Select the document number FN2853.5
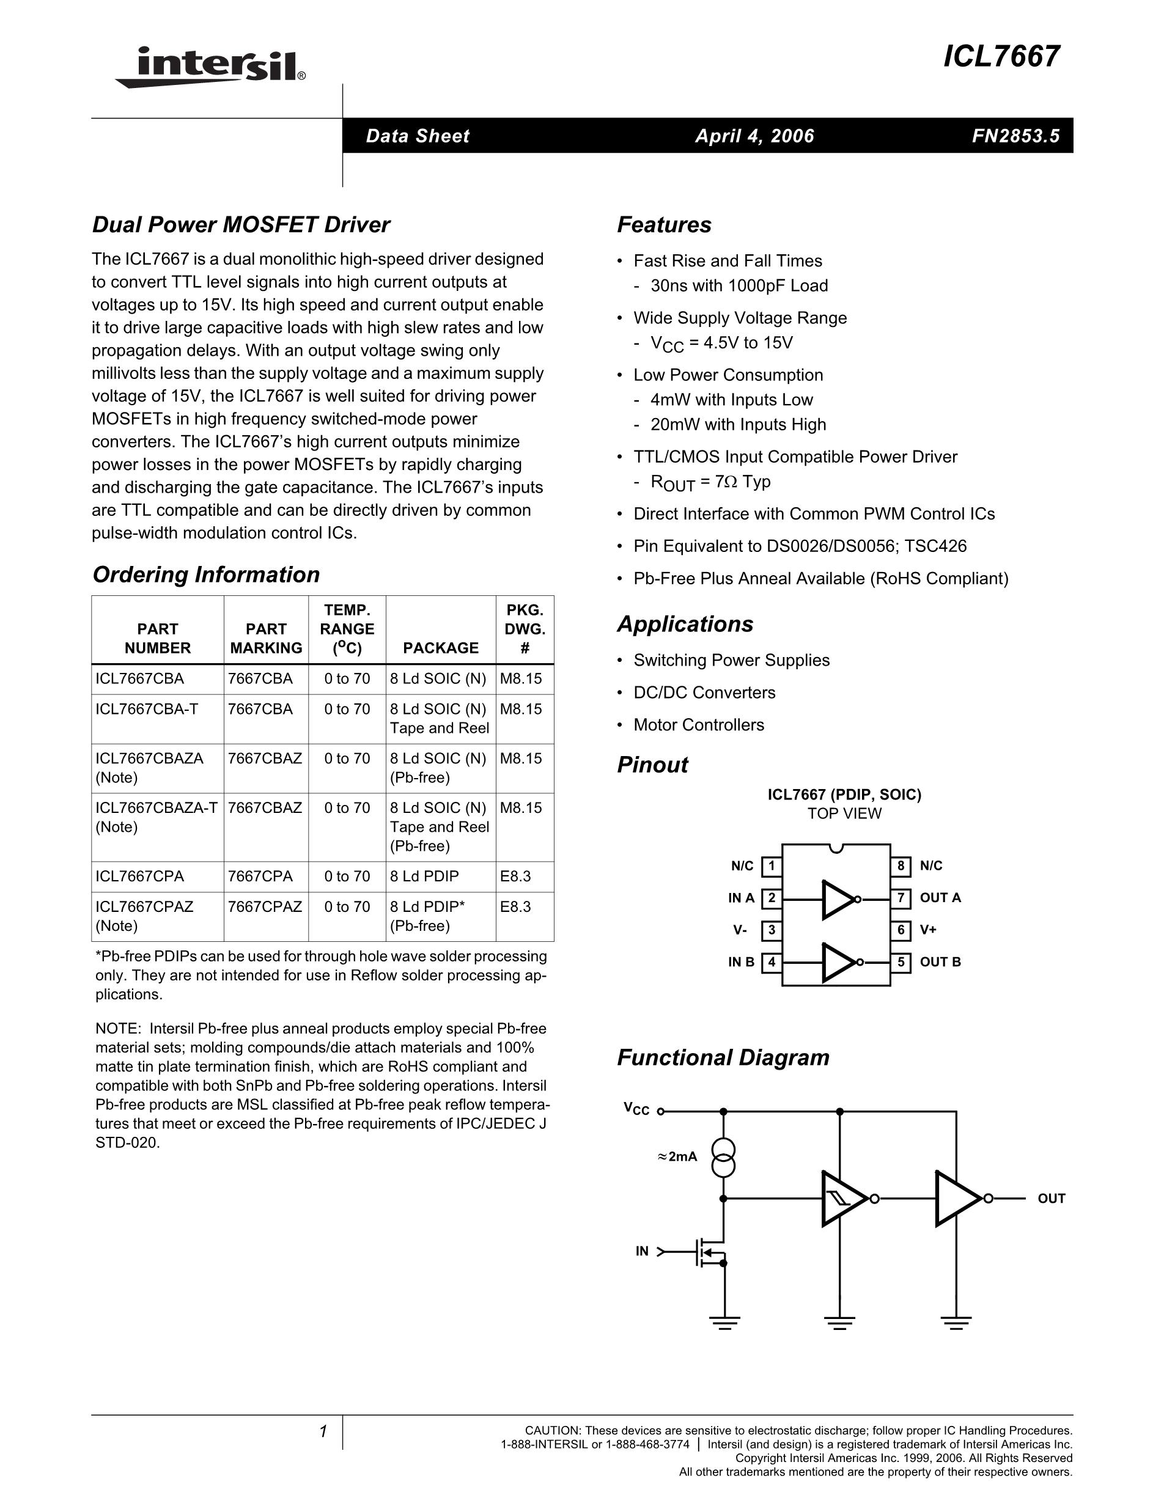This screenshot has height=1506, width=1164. click(x=1015, y=136)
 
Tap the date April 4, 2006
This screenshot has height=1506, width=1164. click(x=754, y=136)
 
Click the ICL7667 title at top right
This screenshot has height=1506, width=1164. click(x=1001, y=57)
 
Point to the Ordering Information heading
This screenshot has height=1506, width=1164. click(x=206, y=575)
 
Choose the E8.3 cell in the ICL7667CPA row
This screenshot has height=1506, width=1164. click(x=516, y=876)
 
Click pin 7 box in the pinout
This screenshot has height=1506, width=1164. click(x=901, y=898)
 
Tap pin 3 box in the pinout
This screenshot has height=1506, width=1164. click(x=772, y=930)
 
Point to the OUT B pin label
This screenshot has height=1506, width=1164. click(x=940, y=962)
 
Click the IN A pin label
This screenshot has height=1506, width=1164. click(x=742, y=898)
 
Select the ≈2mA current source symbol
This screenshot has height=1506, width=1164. click(x=723, y=1158)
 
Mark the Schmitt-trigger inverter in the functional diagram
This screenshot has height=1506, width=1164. click(x=842, y=1199)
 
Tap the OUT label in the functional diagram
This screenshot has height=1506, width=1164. click(x=1051, y=1199)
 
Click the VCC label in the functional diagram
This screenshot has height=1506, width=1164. click(x=636, y=1109)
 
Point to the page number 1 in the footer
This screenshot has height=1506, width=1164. click(x=323, y=1432)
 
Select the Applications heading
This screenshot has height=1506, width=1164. click(x=685, y=624)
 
